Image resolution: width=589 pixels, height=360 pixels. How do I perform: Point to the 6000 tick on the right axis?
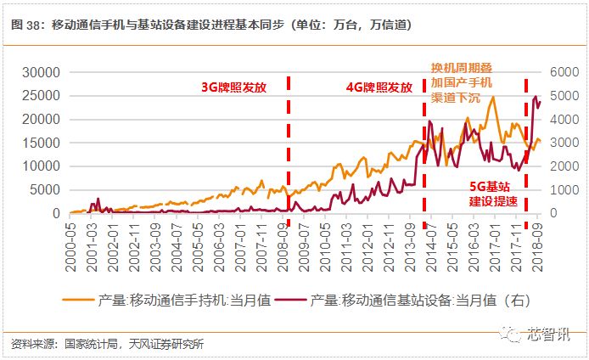click(x=564, y=73)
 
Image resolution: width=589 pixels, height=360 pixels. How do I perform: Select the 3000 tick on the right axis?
click(x=564, y=143)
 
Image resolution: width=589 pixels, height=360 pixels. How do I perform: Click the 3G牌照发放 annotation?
click(x=233, y=87)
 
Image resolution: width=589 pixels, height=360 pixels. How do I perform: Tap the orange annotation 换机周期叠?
click(x=462, y=69)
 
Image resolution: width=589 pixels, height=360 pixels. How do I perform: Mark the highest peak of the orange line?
click(x=492, y=97)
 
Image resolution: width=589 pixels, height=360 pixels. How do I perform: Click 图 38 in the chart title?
click(x=26, y=25)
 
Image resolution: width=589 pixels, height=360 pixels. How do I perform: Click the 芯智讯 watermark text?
click(x=553, y=334)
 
